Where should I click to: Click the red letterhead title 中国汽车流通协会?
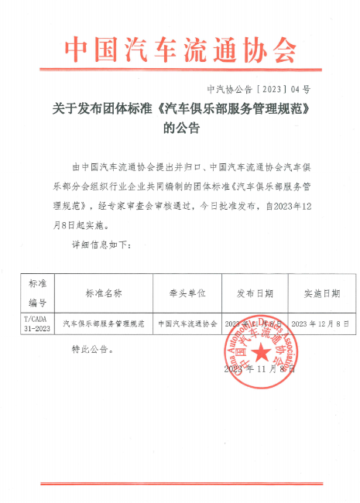coord(180,51)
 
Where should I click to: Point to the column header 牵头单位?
coord(187,294)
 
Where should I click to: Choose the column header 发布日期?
coord(253,294)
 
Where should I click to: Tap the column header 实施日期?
coord(321,294)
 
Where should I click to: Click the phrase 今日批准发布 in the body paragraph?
coord(229,207)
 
